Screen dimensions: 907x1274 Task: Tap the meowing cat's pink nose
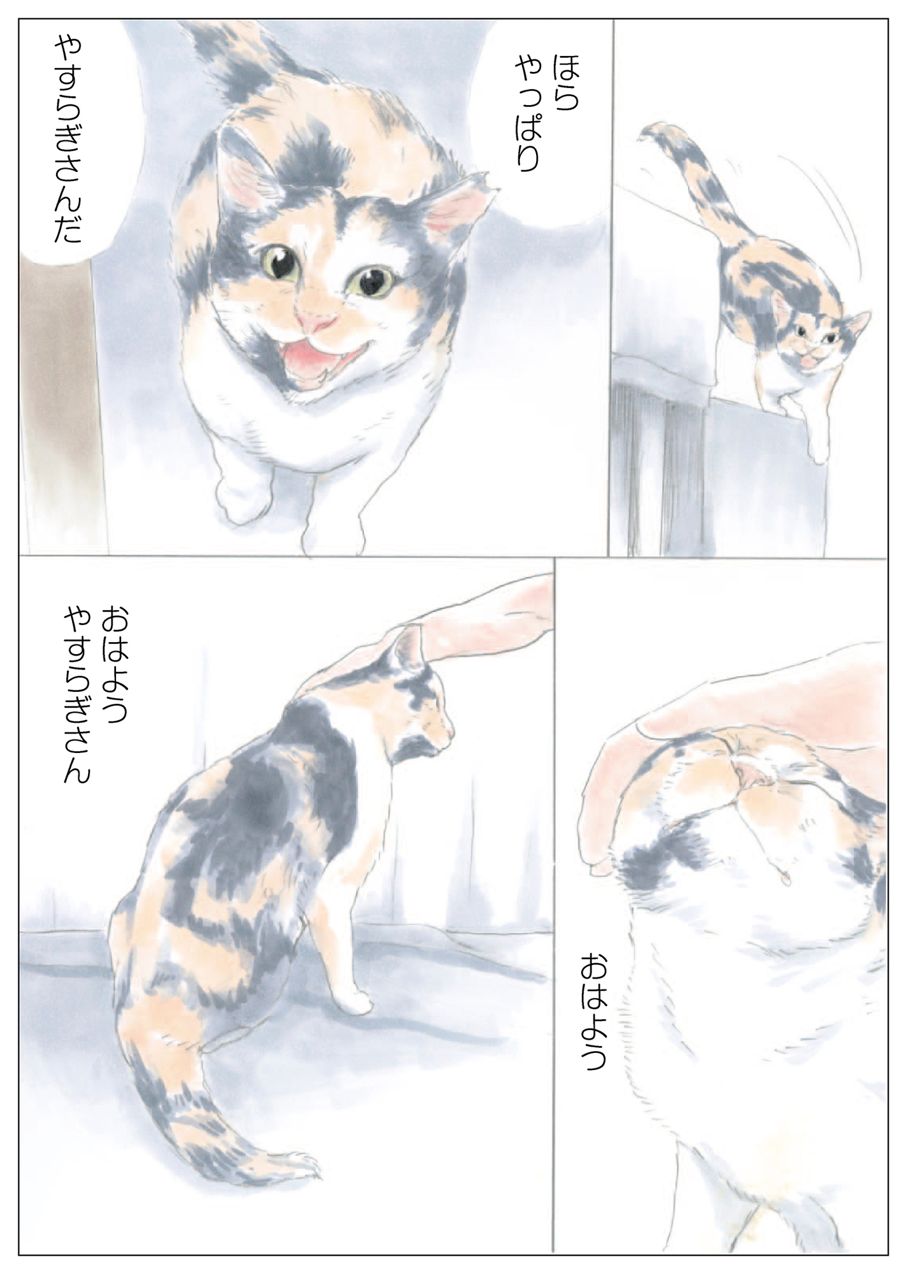(x=316, y=322)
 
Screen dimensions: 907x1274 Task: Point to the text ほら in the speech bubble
(x=566, y=82)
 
